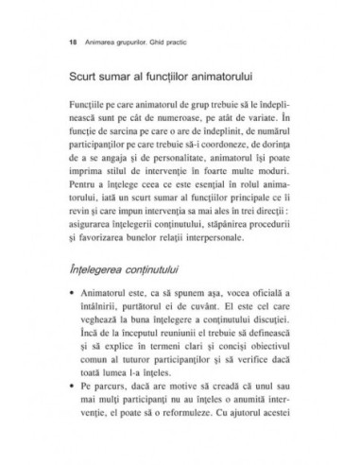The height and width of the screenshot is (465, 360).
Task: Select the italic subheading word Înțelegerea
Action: coord(97,270)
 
